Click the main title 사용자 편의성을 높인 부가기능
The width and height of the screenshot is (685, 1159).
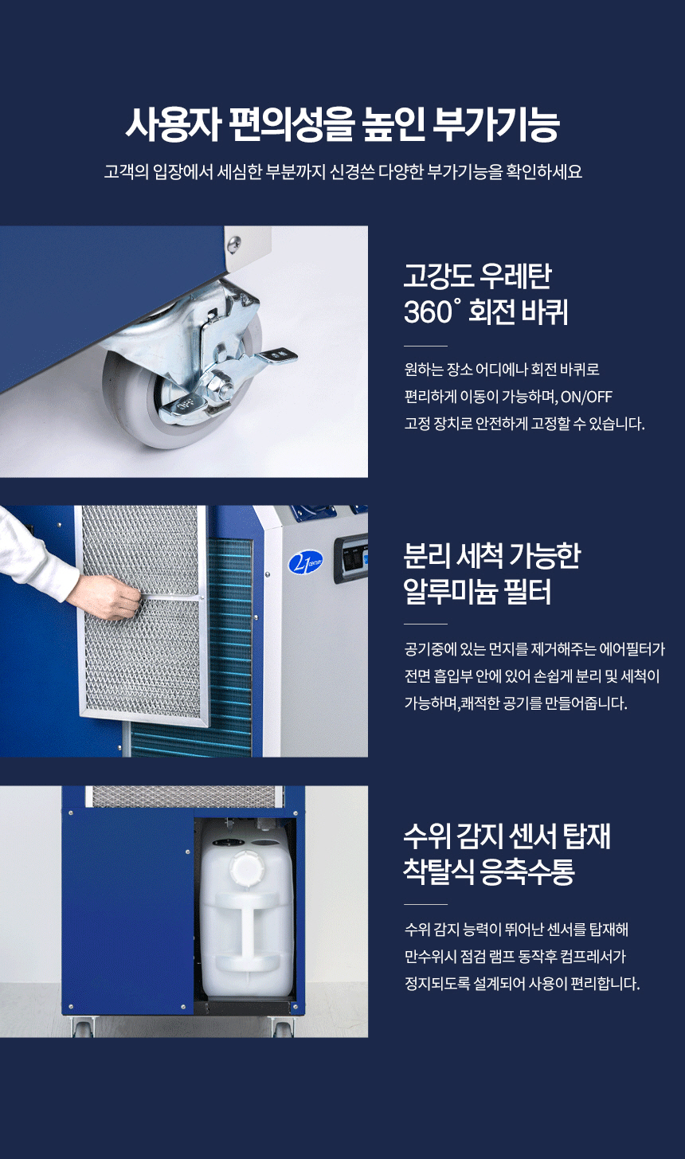pyautogui.click(x=342, y=125)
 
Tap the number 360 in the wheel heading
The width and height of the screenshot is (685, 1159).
pyautogui.click(x=429, y=312)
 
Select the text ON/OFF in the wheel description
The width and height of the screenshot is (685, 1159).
pyautogui.click(x=586, y=397)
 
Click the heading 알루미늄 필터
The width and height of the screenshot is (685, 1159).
pyautogui.click(x=477, y=591)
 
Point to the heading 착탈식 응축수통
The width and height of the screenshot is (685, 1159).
pyautogui.click(x=489, y=871)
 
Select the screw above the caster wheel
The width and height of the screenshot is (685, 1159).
pyautogui.click(x=234, y=242)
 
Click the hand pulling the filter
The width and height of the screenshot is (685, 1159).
pyautogui.click(x=105, y=597)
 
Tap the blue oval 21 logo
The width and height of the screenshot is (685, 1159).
pyautogui.click(x=305, y=563)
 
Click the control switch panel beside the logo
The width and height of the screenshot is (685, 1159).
pyautogui.click(x=351, y=559)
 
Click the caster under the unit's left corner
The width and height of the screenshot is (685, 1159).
pyautogui.click(x=82, y=1025)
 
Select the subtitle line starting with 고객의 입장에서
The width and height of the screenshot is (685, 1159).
pyautogui.click(x=342, y=171)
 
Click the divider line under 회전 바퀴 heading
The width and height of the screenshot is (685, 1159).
pyautogui.click(x=425, y=346)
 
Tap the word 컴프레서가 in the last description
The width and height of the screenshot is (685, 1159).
pyautogui.click(x=593, y=956)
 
